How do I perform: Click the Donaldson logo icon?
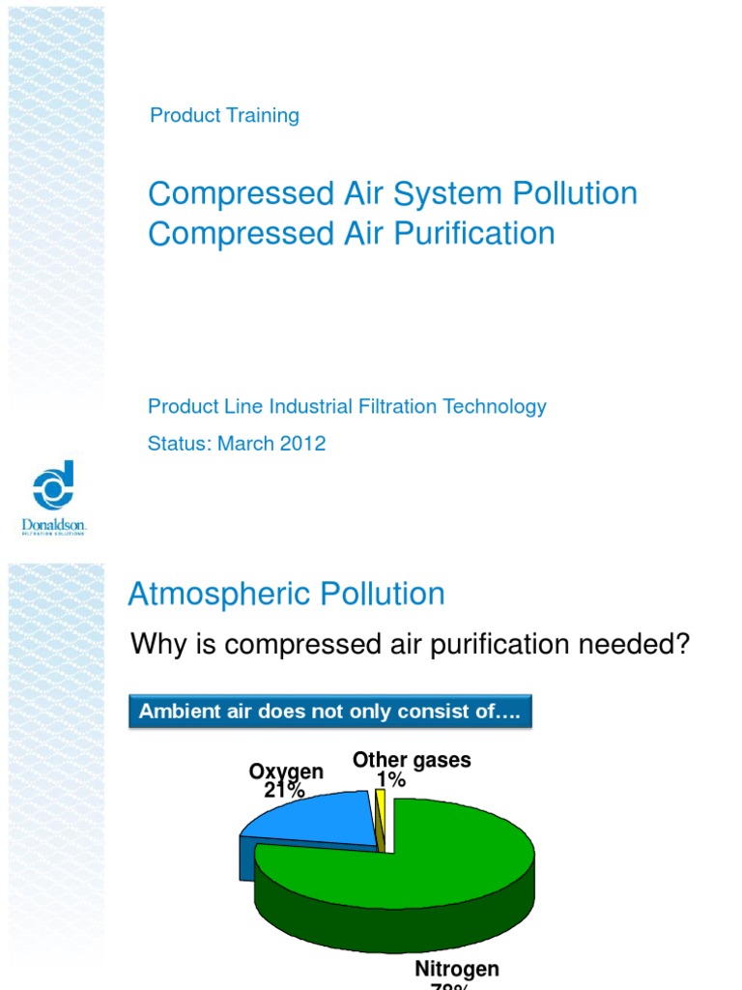click(x=53, y=485)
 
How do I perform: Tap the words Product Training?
click(x=224, y=116)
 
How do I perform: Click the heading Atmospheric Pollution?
click(x=286, y=594)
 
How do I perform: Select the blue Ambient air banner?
click(x=330, y=713)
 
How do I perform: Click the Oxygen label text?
click(x=286, y=772)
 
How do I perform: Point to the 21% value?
click(x=284, y=791)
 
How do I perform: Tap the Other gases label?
click(x=412, y=760)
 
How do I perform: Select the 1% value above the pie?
click(x=390, y=779)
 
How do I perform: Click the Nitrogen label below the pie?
click(x=457, y=969)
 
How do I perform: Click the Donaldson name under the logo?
click(x=54, y=525)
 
